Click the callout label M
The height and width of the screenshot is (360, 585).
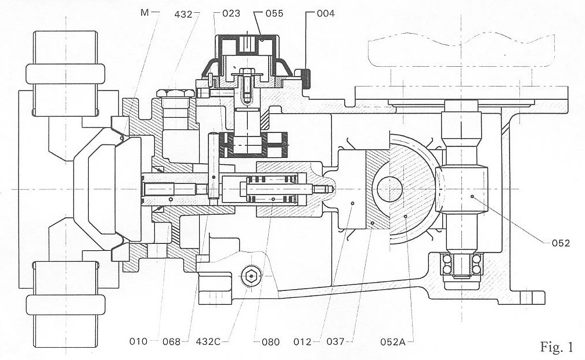tap(145, 13)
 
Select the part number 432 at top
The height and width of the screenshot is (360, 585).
tap(183, 14)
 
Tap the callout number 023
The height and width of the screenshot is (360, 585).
tap(232, 14)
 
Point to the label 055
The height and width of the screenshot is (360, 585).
tap(274, 14)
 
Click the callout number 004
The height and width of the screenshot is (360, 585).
tap(326, 14)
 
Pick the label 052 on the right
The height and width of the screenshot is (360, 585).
tap(561, 243)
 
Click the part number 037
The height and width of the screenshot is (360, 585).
tap(335, 341)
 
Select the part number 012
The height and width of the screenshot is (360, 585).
tap(302, 341)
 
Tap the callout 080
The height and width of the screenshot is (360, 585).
tap(270, 341)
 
